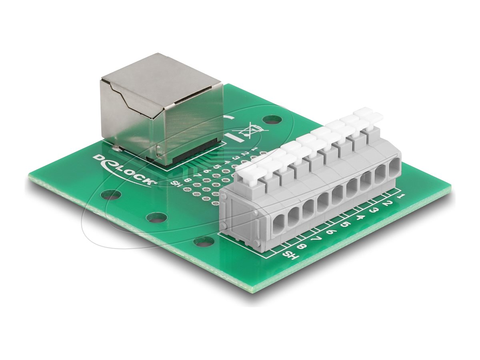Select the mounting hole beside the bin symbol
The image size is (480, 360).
tap(272, 119)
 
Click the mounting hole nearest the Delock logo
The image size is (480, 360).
tap(111, 195)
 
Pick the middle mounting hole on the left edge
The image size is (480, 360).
tap(156, 217)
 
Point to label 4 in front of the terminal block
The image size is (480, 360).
tap(359, 218)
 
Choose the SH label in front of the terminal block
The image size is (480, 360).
tap(289, 255)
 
